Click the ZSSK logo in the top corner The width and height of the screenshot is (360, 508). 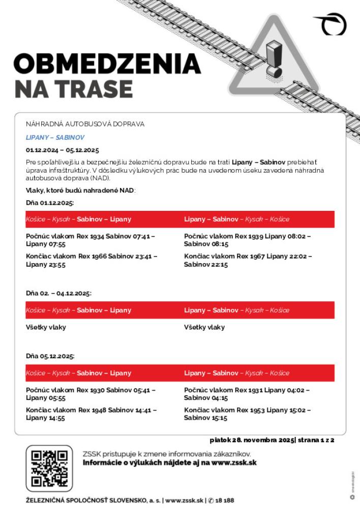[x=331, y=23]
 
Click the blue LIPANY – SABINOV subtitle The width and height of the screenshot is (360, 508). [x=55, y=137]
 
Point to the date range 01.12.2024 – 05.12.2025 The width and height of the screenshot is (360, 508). [x=62, y=150]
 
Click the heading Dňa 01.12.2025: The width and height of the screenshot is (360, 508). [x=50, y=202]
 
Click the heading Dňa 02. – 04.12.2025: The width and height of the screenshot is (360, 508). [x=58, y=293]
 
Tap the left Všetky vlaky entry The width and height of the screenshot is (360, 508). [x=46, y=327]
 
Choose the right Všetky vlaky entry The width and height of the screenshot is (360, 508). [x=204, y=327]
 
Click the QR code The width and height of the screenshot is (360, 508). [x=49, y=468]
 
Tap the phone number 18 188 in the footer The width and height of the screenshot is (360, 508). [x=224, y=500]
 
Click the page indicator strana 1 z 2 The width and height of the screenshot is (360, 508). [x=315, y=440]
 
